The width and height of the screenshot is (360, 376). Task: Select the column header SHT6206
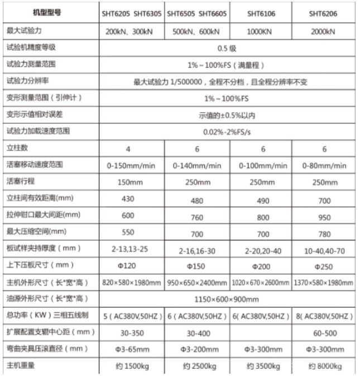[324, 13]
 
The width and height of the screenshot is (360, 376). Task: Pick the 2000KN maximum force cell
[324, 32]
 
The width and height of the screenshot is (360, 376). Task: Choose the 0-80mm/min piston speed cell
[325, 166]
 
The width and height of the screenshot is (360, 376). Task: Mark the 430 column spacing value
[129, 198]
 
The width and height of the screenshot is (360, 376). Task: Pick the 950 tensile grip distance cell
[324, 215]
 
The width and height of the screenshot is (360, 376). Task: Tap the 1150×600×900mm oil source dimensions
[228, 299]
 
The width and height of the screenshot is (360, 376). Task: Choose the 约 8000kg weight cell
[324, 367]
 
